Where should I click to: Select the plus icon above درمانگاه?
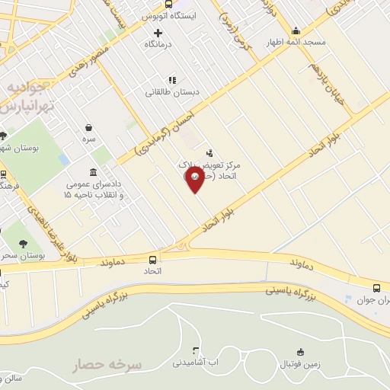158,32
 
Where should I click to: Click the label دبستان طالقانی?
173,91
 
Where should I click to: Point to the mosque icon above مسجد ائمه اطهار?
296,31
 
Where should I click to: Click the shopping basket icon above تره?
90,127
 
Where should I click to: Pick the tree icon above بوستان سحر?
22,244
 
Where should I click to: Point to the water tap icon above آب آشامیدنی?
196,350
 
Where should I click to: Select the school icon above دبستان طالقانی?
173,79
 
